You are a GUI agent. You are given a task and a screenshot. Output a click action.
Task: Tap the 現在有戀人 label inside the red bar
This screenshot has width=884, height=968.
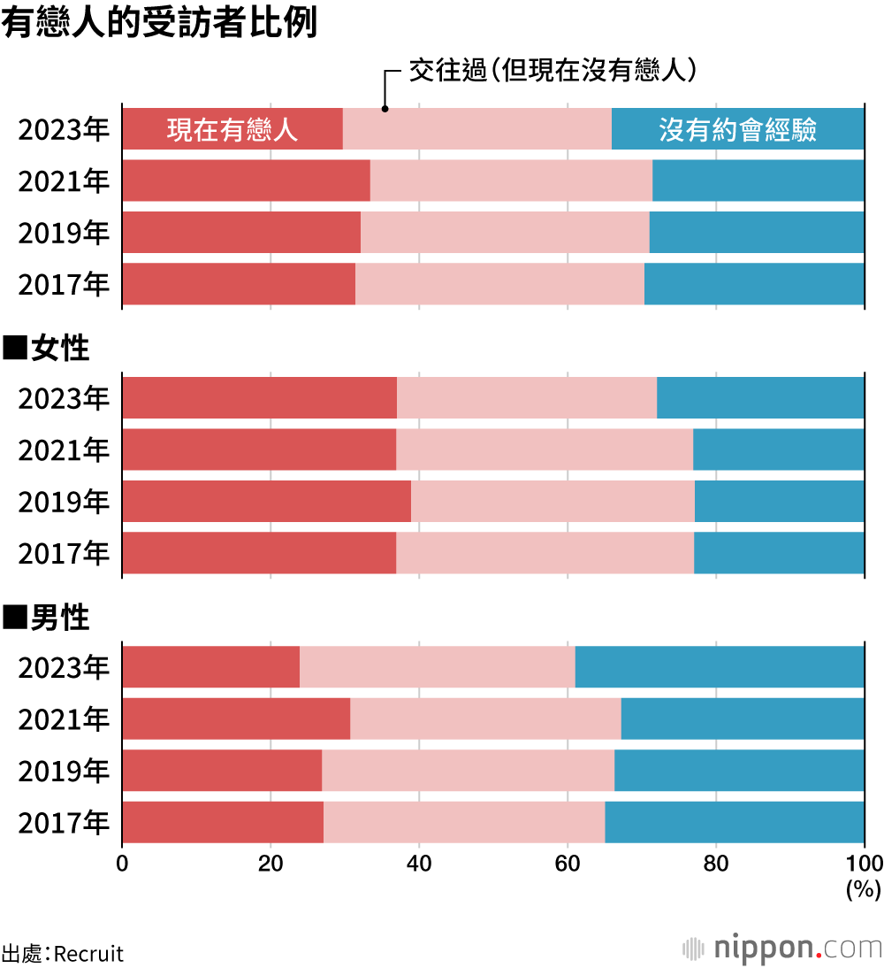tap(232, 130)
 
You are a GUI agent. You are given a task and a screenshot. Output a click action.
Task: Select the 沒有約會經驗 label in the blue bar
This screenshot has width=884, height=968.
tap(737, 130)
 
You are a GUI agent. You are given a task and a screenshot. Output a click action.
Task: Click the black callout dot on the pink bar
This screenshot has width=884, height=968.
tap(385, 109)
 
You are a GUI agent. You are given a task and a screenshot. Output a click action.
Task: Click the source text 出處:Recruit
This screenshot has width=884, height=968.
tap(63, 954)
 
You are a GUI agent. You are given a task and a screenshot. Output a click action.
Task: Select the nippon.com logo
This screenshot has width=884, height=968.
tap(782, 948)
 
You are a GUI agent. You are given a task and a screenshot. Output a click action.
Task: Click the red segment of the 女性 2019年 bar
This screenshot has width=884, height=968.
tap(266, 501)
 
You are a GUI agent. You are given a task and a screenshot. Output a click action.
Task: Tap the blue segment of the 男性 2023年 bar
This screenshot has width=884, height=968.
tap(720, 667)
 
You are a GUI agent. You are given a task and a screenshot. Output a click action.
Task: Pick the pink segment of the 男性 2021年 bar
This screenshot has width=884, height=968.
tap(485, 718)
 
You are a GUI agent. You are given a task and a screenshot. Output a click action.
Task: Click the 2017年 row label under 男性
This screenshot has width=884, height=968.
tap(64, 822)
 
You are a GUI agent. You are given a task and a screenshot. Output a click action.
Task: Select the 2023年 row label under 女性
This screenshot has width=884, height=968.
tap(64, 398)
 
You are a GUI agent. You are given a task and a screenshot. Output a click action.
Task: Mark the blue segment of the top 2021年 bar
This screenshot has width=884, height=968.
tap(758, 181)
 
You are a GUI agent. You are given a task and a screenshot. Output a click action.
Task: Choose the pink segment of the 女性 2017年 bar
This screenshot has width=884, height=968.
tap(545, 552)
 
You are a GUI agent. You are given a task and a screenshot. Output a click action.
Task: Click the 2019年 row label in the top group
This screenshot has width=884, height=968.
tap(64, 233)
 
